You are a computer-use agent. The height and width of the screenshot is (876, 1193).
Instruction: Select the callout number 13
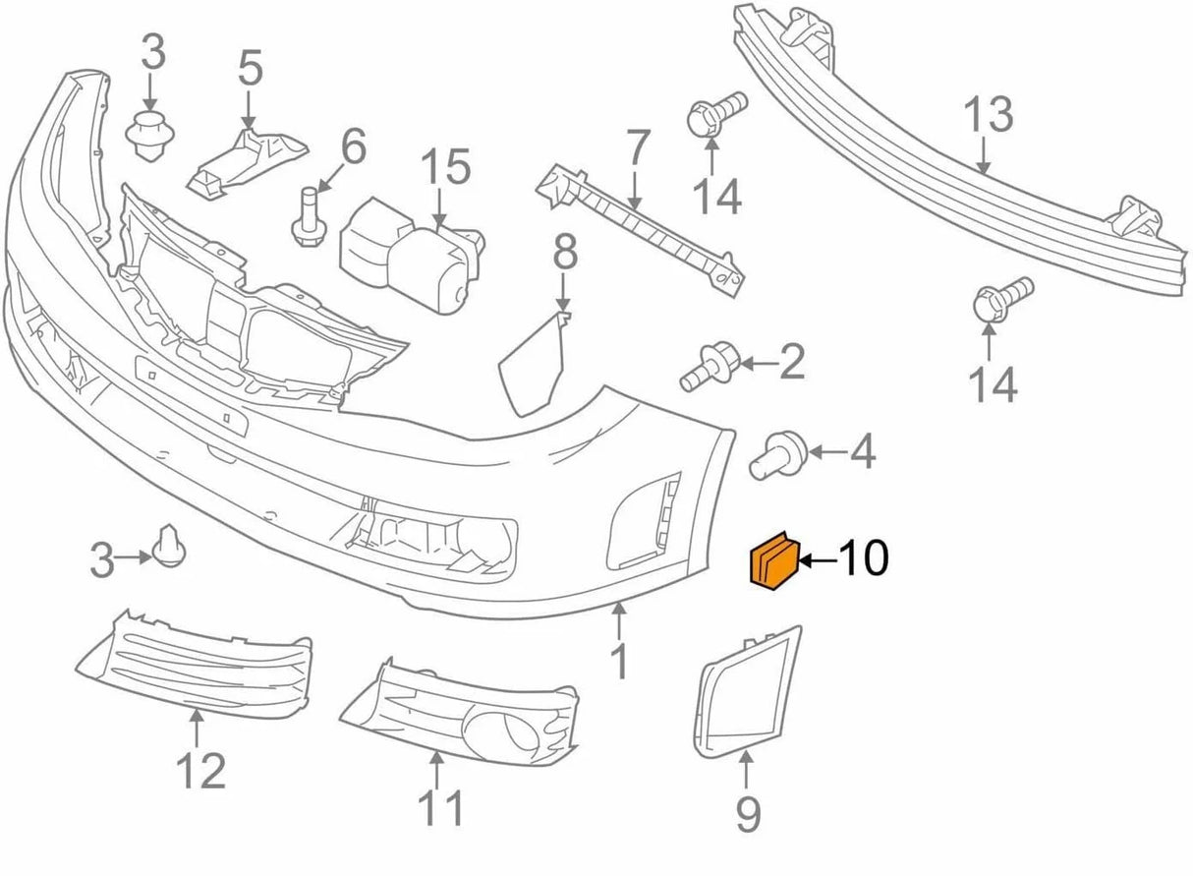click(x=988, y=115)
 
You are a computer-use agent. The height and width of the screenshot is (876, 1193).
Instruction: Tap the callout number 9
click(x=748, y=813)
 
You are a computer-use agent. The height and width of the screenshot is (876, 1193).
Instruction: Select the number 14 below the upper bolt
click(x=716, y=199)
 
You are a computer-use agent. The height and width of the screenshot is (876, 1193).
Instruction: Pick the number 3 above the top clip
click(x=152, y=55)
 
